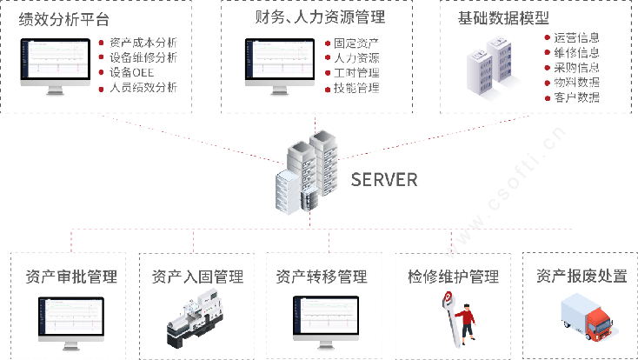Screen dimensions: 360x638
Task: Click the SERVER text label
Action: pos(384,180)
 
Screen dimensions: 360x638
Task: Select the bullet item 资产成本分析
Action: pos(144,42)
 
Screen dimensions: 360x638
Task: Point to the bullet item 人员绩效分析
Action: pos(144,88)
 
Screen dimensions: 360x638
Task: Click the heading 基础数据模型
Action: pos(498,17)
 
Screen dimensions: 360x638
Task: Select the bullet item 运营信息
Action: pos(576,38)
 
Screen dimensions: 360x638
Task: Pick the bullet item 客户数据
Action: pos(576,97)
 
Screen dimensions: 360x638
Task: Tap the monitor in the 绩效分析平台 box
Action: pos(57,64)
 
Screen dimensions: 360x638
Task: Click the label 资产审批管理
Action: pos(72,277)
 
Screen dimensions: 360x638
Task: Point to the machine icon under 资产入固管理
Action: pos(199,319)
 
